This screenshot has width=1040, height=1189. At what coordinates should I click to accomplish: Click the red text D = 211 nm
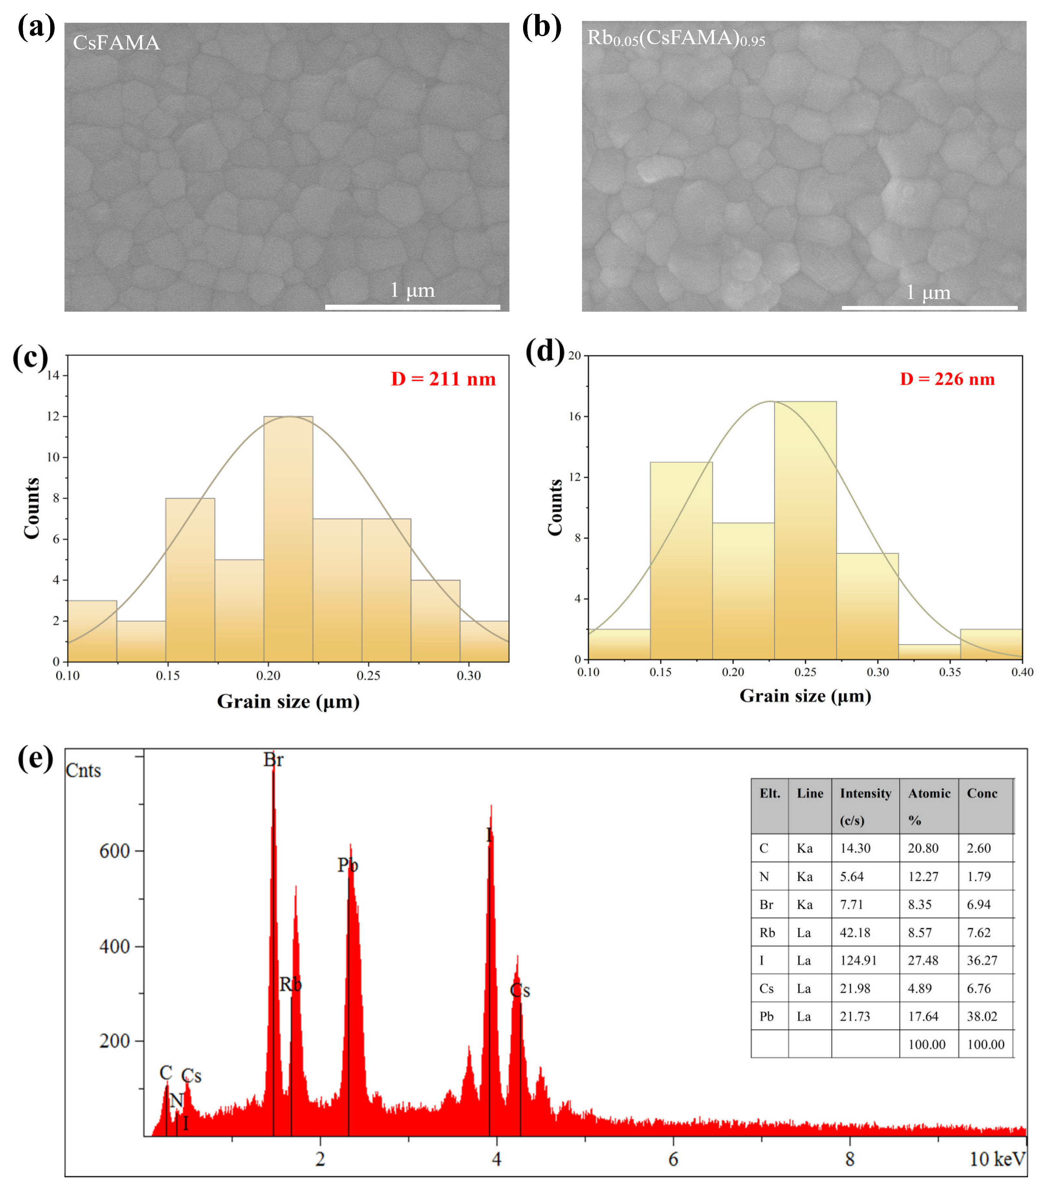point(443,379)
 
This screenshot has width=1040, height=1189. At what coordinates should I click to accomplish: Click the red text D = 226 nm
point(947,379)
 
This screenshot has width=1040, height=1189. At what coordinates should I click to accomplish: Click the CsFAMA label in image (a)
point(116,43)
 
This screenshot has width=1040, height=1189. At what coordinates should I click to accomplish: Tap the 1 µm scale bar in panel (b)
point(929,307)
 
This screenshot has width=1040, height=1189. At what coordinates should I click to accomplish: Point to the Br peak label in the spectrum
point(273,759)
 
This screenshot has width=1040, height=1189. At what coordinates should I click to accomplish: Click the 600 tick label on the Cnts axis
point(114,851)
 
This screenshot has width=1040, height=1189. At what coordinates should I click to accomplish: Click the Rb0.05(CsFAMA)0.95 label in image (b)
point(676,38)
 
